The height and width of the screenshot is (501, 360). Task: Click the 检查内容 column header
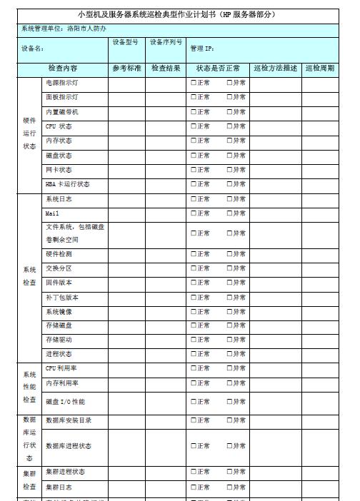[63, 69]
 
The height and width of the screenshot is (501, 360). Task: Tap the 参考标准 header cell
[126, 69]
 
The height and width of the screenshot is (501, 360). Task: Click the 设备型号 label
[125, 43]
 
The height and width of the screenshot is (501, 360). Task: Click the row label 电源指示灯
[62, 83]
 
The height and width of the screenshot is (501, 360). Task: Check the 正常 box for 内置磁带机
[193, 113]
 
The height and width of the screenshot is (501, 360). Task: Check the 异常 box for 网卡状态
[229, 170]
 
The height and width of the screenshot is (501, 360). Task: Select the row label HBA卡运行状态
[68, 184]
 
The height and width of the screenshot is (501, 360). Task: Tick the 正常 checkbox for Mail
[193, 213]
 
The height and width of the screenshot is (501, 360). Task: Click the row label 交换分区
[59, 268]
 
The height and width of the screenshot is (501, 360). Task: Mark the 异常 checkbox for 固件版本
[229, 283]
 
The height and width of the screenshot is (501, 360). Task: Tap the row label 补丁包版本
[62, 298]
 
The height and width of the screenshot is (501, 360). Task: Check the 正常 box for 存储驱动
[193, 340]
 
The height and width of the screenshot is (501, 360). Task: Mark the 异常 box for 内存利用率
[229, 383]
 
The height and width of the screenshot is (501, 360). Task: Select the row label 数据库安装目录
[69, 420]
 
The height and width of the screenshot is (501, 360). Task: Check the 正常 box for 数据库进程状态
[193, 446]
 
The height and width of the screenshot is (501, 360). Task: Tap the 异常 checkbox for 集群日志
[229, 487]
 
